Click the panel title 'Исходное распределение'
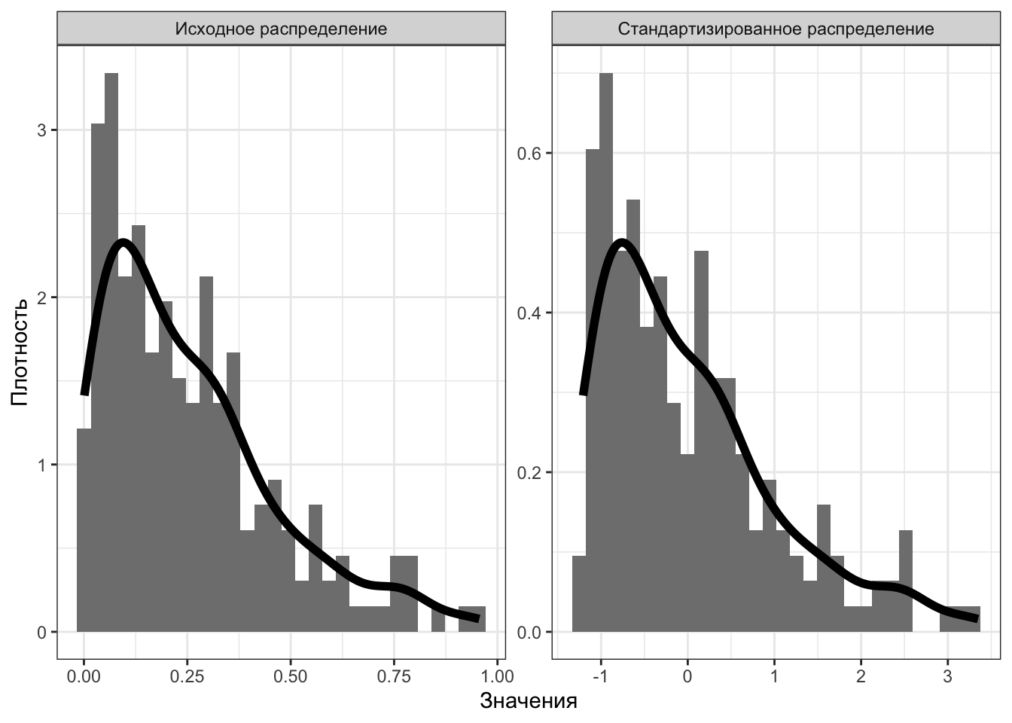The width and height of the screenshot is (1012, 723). (281, 29)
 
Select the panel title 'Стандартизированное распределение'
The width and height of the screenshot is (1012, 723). (776, 29)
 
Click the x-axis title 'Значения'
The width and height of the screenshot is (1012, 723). (528, 702)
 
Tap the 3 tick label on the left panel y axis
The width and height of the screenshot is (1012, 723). (42, 130)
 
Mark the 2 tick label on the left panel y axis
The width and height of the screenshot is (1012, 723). (42, 297)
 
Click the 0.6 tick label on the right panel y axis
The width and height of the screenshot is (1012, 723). (532, 153)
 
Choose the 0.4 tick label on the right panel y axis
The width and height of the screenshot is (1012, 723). (532, 313)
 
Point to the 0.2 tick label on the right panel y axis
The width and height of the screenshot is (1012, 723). (532, 472)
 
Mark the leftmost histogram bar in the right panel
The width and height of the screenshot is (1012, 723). (579, 595)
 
